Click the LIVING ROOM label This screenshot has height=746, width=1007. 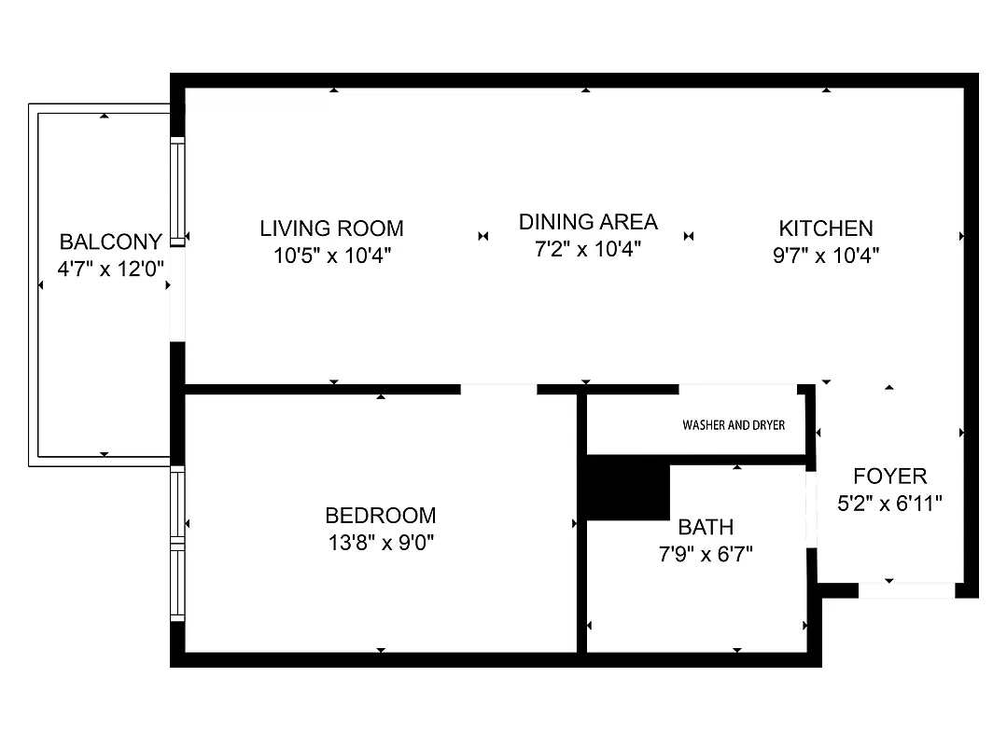(x=331, y=228)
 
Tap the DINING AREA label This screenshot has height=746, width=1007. (x=588, y=222)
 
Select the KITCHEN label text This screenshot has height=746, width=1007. (x=826, y=228)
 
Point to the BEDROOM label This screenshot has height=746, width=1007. (x=380, y=516)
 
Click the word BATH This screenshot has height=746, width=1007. (x=706, y=528)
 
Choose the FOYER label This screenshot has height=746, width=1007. (x=889, y=477)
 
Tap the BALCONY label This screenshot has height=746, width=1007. (x=110, y=242)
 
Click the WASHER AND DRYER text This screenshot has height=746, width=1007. (x=734, y=425)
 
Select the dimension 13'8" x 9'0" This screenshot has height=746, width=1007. (x=381, y=543)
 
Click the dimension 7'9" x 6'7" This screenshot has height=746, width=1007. (x=706, y=555)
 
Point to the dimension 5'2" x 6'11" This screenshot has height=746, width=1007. (x=889, y=504)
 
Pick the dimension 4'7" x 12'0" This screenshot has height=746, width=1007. (x=110, y=269)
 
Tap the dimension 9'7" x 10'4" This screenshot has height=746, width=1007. (x=826, y=255)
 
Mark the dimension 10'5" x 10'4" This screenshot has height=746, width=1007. (x=331, y=255)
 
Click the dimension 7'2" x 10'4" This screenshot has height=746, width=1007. (x=588, y=249)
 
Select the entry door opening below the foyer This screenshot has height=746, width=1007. (x=905, y=589)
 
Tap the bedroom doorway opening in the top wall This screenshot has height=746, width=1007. (x=498, y=389)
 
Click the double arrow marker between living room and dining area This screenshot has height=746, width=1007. (x=483, y=237)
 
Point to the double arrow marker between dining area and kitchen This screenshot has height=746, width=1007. (x=690, y=237)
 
